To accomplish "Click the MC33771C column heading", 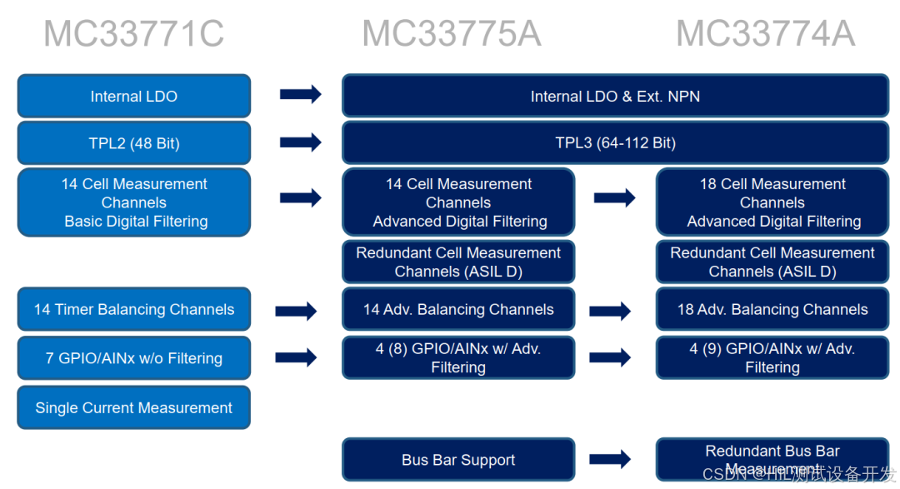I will tap(133, 34).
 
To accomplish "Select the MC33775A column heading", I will tap(451, 34).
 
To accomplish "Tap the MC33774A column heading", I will tap(765, 34).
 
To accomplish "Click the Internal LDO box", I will tap(133, 96).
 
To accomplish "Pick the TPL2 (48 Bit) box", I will tap(133, 143).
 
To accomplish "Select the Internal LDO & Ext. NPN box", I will tap(615, 96).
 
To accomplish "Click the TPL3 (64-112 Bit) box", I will tap(615, 143).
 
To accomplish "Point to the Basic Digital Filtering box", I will tap(133, 202).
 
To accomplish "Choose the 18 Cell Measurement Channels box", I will tap(772, 202).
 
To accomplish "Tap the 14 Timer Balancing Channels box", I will tap(133, 310).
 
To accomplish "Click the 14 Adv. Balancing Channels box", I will tap(458, 310).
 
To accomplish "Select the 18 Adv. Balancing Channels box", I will tap(772, 310).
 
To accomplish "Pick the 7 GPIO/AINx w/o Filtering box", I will tap(133, 358).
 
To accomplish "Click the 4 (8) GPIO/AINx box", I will tap(458, 358).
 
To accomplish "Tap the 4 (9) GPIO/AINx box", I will tap(772, 358).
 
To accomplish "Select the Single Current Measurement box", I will tap(133, 407).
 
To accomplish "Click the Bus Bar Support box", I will tap(458, 460).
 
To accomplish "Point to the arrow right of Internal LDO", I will tap(300, 94).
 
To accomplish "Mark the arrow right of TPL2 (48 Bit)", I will tap(300, 142).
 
